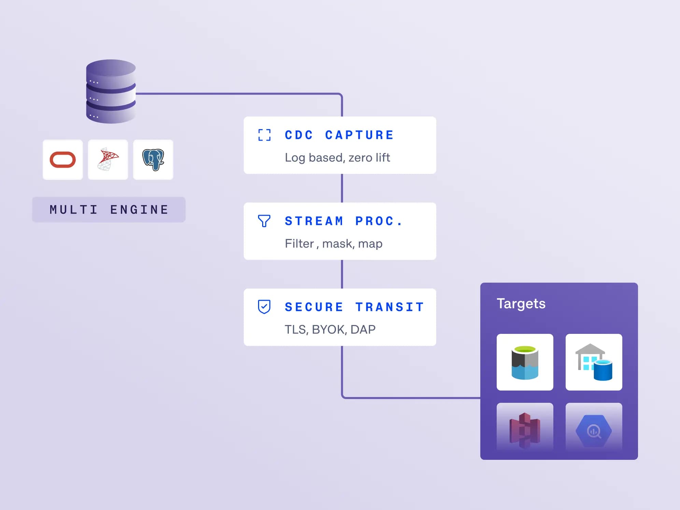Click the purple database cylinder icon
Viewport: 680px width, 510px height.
point(111,91)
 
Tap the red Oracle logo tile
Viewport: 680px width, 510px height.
point(63,159)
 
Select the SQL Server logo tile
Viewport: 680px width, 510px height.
point(108,159)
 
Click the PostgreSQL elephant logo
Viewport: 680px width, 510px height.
point(153,159)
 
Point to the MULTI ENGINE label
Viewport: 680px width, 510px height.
point(109,210)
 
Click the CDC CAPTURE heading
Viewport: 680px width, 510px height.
point(339,135)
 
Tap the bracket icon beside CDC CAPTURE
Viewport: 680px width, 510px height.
point(265,135)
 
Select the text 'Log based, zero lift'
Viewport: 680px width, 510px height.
point(337,158)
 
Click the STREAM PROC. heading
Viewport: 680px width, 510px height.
point(344,221)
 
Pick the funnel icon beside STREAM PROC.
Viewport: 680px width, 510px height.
point(264,221)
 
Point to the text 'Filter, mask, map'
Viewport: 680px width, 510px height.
point(334,244)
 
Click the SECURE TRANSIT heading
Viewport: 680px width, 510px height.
point(354,307)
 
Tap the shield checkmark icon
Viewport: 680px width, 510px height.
point(264,307)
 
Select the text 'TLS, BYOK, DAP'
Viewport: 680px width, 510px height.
point(330,329)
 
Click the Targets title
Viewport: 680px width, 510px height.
point(521,304)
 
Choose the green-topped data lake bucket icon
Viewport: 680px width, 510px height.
point(525,363)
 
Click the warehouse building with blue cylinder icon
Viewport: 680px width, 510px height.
point(594,362)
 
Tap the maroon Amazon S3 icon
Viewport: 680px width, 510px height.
point(525,430)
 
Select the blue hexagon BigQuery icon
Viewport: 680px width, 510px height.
point(594,431)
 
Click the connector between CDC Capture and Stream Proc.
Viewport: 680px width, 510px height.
point(342,188)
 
